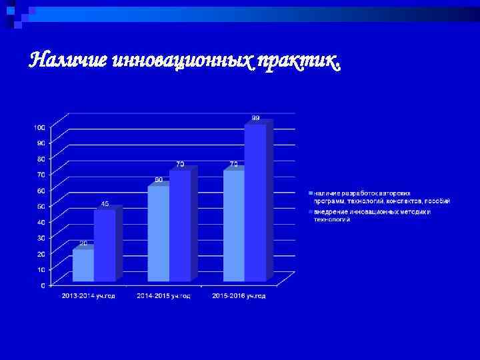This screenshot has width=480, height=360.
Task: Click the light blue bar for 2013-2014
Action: (83, 265)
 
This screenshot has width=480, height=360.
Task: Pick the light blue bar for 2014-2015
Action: (158, 233)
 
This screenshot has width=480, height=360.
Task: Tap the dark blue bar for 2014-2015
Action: (180, 227)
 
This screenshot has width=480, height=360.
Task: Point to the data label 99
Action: (256, 118)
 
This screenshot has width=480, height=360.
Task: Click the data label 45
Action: (105, 203)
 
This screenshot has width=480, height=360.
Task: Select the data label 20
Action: (83, 243)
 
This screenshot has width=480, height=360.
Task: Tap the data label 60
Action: (159, 179)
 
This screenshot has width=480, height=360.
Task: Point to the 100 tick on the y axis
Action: (39, 127)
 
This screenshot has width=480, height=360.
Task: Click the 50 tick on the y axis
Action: (41, 206)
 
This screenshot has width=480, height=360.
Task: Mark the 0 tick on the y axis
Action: (43, 285)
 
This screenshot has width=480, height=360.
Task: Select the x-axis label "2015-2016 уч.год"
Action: (239, 296)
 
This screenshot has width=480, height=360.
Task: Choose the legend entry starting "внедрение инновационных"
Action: (373, 215)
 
